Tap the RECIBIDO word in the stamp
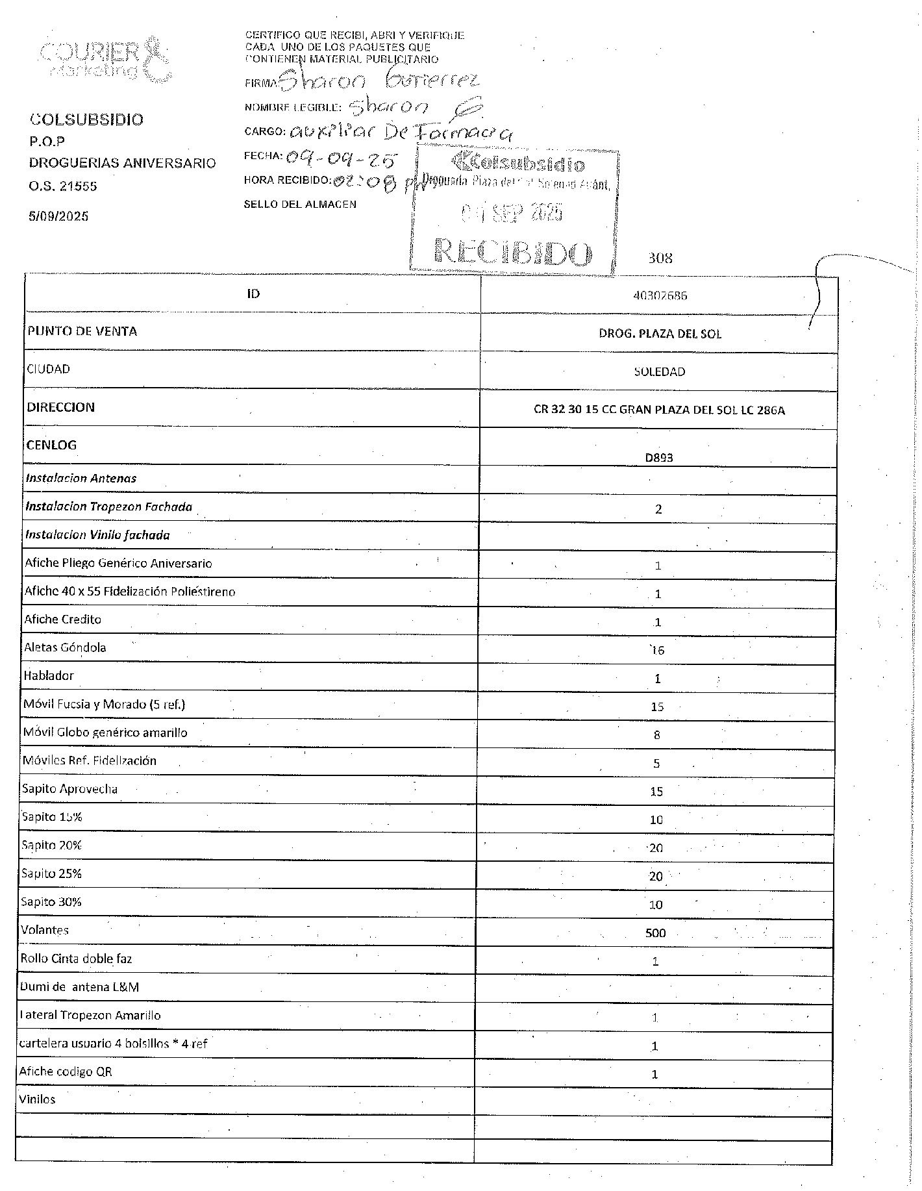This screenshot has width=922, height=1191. [513, 251]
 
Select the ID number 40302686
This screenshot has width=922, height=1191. [660, 295]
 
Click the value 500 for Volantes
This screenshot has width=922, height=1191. [655, 933]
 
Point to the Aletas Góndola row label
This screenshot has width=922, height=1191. [65, 647]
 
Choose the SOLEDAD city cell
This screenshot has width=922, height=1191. [659, 372]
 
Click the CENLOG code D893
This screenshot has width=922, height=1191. [658, 457]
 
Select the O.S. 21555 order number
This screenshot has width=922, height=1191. [63, 186]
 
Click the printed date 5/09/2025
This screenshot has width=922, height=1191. [58, 216]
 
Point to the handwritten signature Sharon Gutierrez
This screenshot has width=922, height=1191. [380, 81]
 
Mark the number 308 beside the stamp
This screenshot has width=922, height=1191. [660, 258]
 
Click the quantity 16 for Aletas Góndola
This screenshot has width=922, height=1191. [657, 650]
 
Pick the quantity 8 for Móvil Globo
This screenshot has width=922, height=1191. [657, 735]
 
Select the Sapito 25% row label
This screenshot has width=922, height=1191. [51, 873]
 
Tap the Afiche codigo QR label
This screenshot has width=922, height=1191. [66, 1072]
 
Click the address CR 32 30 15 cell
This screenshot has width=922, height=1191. [659, 410]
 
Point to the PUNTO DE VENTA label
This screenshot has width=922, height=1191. [82, 332]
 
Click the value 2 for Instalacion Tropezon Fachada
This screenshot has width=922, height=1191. [658, 509]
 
